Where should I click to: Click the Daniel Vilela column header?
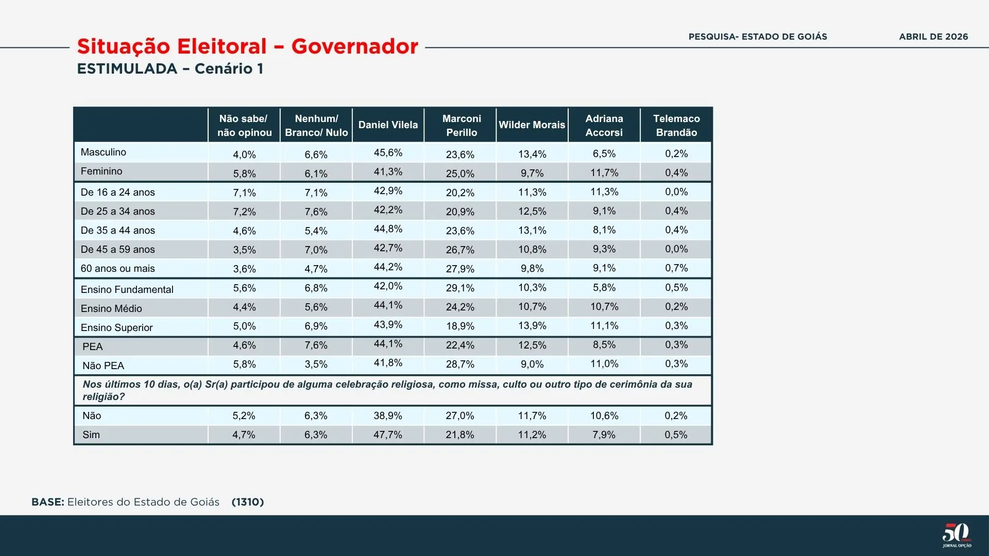click(x=388, y=125)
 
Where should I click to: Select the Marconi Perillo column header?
click(x=462, y=125)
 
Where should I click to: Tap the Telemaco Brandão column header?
click(x=676, y=125)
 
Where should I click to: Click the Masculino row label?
click(x=104, y=152)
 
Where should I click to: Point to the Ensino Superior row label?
click(x=117, y=328)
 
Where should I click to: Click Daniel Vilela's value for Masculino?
click(x=388, y=153)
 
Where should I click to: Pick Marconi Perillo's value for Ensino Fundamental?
click(x=460, y=288)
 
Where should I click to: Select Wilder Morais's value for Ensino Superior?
click(x=532, y=326)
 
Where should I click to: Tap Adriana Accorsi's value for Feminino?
click(x=604, y=173)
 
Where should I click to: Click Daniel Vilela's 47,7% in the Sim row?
click(x=388, y=435)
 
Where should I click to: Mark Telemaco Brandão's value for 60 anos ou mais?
click(x=676, y=268)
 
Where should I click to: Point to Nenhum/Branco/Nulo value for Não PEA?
click(x=316, y=364)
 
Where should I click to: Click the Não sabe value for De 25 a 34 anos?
click(x=244, y=212)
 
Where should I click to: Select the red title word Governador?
click(x=355, y=46)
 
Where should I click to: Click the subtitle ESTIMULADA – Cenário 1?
click(x=170, y=69)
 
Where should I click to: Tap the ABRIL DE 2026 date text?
click(x=933, y=37)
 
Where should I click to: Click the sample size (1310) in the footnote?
click(x=248, y=502)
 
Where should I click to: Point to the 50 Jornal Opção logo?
click(x=957, y=535)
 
